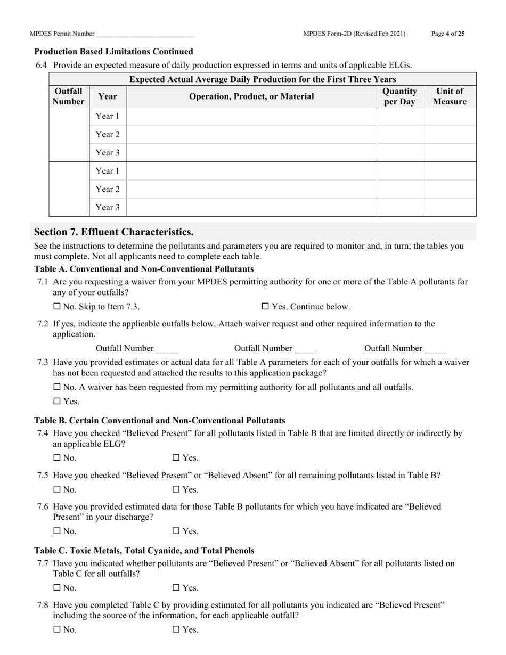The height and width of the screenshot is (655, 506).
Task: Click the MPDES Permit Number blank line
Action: pos(145,35)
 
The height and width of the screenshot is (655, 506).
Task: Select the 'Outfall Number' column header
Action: pos(69,96)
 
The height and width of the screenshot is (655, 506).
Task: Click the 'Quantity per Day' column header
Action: pos(399,96)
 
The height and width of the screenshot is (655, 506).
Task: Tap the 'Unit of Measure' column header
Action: pos(449,96)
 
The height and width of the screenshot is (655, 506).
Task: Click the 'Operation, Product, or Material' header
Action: pos(251,96)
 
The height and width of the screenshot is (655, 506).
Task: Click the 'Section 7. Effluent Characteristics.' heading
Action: pos(114,232)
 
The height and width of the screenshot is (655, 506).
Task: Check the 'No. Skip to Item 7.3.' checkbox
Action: pos(57,307)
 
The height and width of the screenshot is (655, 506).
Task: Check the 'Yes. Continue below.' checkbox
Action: pos(265,307)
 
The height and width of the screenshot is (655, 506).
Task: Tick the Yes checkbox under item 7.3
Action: pos(57,402)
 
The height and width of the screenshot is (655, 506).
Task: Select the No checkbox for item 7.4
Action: pos(57,457)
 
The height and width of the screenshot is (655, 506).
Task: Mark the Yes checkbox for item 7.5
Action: pos(176,489)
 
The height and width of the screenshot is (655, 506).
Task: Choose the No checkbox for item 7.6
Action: pos(57,531)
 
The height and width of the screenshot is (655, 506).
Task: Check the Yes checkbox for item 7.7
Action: pos(176,588)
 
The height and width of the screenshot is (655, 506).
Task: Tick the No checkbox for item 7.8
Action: pos(57,629)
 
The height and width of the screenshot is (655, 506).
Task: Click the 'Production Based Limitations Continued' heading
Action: pos(113,52)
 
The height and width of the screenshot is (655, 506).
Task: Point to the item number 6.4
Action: pos(42,65)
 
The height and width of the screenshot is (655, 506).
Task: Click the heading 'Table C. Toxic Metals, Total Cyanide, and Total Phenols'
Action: pos(144,550)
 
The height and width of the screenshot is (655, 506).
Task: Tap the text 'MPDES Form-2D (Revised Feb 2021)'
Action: pos(354,34)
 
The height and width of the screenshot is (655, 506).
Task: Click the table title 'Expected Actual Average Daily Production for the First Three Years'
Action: pos(263,79)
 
